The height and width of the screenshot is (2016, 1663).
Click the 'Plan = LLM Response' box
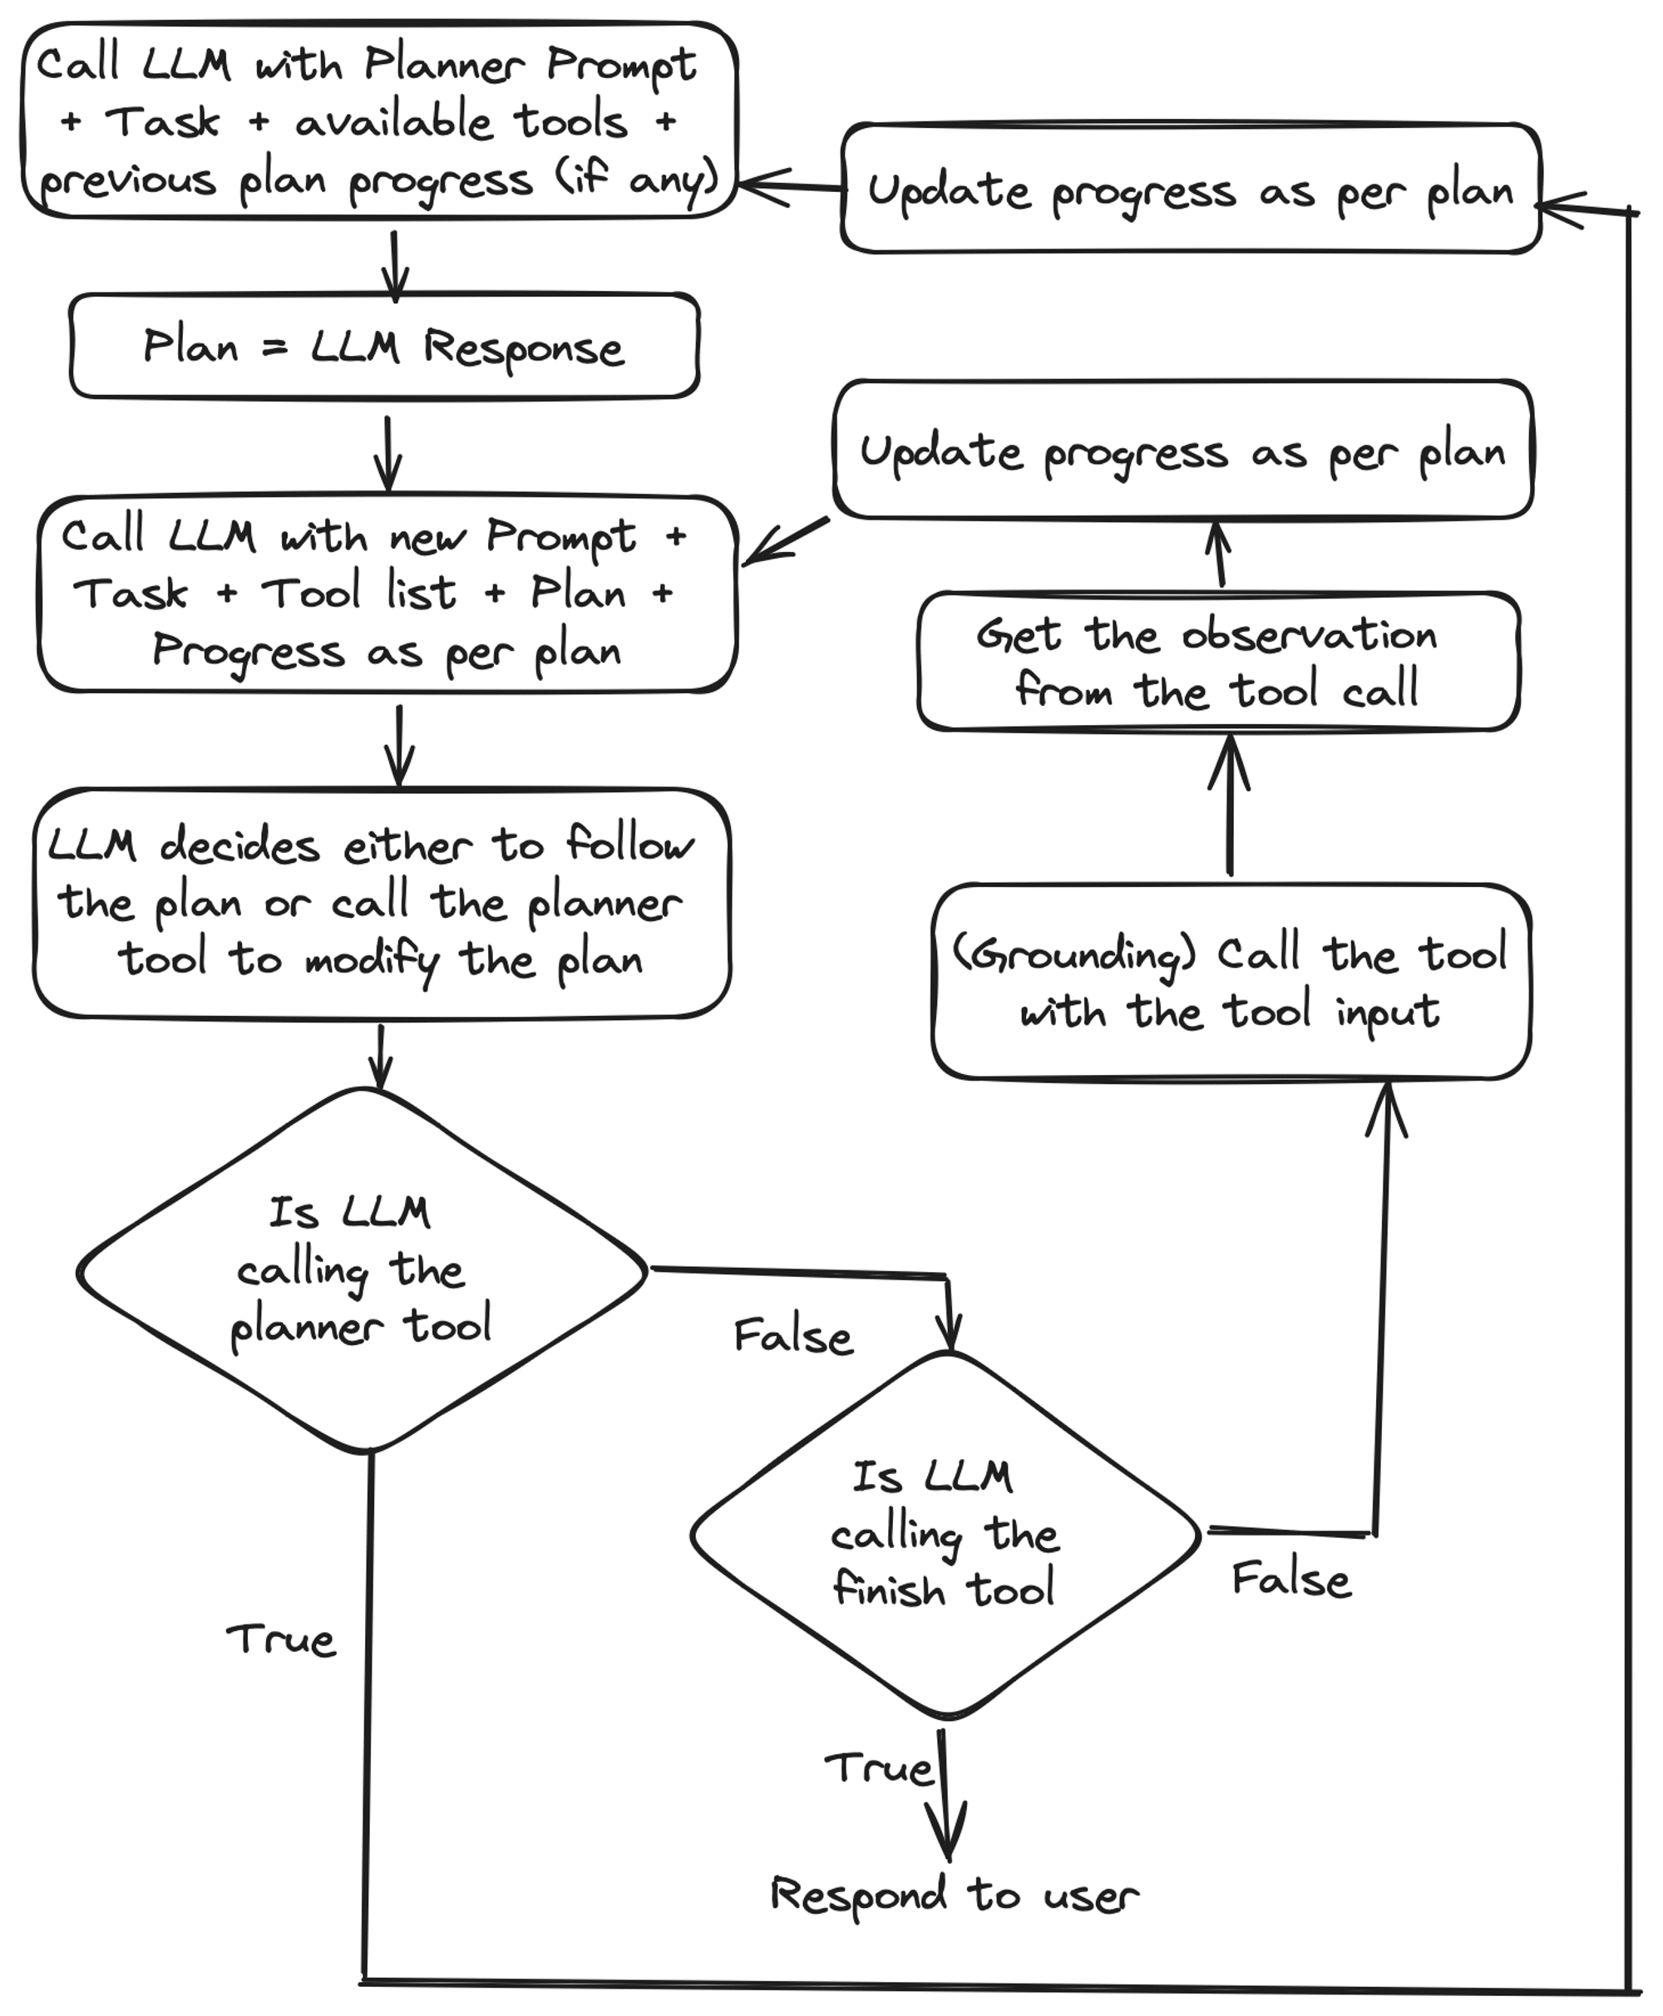pos(383,346)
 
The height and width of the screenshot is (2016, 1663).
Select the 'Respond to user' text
pos(953,1895)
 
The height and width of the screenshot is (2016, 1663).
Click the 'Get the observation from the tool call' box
pos(1216,661)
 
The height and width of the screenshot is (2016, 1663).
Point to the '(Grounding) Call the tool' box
pos(1230,982)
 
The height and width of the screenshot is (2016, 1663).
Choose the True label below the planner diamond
pos(281,1639)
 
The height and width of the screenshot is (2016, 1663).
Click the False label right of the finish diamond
pos(1290,1580)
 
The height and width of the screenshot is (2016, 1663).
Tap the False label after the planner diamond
pos(792,1336)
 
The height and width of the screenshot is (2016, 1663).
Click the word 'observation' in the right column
pos(1309,635)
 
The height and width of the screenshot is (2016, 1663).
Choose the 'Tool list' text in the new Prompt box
pos(358,593)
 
